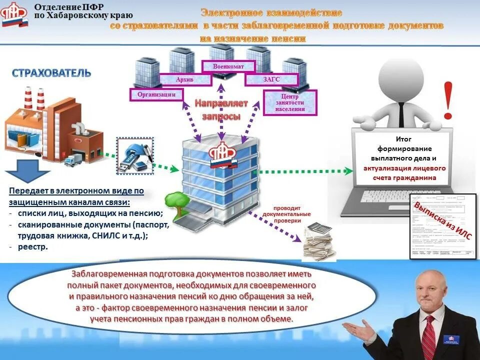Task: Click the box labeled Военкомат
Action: pyautogui.click(x=228, y=66)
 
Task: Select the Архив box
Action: pyautogui.click(x=184, y=79)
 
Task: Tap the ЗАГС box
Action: pyautogui.click(x=271, y=79)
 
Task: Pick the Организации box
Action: pyautogui.click(x=156, y=94)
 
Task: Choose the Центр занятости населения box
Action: pyautogui.click(x=290, y=102)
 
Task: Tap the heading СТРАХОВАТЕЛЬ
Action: pyautogui.click(x=51, y=73)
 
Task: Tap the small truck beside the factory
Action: pyautogui.click(x=74, y=159)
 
